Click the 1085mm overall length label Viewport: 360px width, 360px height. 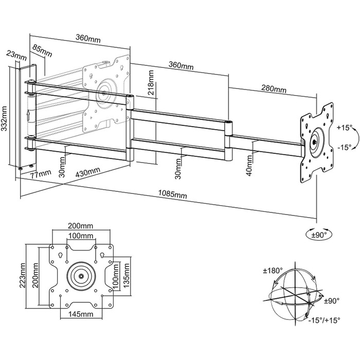172,195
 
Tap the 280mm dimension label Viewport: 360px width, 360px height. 274,88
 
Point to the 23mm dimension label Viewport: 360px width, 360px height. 16,56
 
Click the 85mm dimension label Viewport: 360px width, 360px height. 42,50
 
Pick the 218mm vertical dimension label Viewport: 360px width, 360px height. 150,82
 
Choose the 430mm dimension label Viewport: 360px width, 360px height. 88,172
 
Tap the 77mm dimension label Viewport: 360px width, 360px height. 41,174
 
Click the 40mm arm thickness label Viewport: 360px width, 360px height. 249,166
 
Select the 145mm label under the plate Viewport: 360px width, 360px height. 81,314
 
